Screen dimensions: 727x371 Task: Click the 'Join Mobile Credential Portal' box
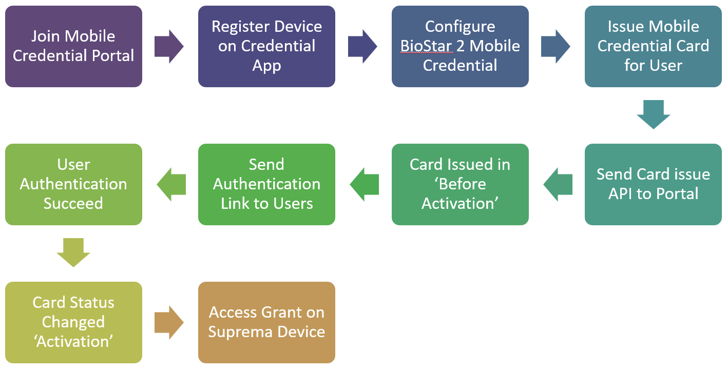pos(73,46)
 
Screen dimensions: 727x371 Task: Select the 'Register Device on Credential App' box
pos(267,46)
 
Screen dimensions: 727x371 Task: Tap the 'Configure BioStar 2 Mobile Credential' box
pos(460,46)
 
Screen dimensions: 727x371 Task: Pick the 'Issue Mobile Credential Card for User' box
pos(654,46)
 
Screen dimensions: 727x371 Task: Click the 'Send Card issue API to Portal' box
pos(654,185)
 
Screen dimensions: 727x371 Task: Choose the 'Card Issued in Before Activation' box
pos(460,185)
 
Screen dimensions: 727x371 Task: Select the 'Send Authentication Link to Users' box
pos(267,185)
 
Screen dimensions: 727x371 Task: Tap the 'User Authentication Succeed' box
pos(73,185)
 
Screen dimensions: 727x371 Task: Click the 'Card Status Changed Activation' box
pos(73,323)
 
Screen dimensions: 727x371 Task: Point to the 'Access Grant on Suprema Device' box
pos(267,323)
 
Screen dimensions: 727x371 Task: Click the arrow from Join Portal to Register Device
pos(169,47)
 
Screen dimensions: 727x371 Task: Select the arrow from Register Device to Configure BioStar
pos(362,47)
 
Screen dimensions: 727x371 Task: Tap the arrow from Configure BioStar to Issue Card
pos(556,47)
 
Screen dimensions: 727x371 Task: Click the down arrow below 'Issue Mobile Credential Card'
pos(654,114)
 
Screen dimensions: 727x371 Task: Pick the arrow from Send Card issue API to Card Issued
pos(558,185)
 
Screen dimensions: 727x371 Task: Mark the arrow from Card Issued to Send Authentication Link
pos(365,185)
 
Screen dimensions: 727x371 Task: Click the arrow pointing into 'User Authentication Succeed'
pos(171,185)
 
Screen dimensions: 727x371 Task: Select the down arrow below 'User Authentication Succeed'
pos(73,252)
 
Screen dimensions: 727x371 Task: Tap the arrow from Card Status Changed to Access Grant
pos(169,323)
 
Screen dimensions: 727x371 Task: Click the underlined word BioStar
pos(426,46)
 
